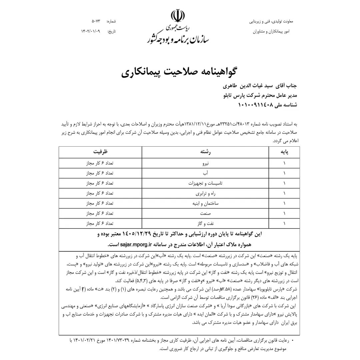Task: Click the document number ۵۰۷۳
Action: pyautogui.click(x=96, y=22)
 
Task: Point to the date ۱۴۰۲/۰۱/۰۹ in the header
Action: pyautogui.click(x=90, y=31)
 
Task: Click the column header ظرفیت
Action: pyautogui.click(x=100, y=152)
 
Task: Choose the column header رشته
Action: pyautogui.click(x=205, y=152)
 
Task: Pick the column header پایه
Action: pyautogui.click(x=284, y=152)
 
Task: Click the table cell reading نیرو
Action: pyautogui.click(x=205, y=164)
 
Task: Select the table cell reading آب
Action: pyautogui.click(x=205, y=173)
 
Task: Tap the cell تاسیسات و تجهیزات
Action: pyautogui.click(x=205, y=183)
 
